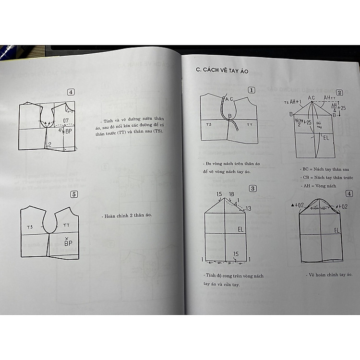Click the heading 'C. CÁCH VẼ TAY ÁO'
[x=222, y=70]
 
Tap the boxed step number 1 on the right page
[x=252, y=90]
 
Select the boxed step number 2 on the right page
[x=339, y=93]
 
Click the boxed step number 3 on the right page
[x=252, y=188]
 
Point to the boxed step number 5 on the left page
[x=73, y=194]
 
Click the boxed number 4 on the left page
[x=71, y=92]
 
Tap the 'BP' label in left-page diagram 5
[x=68, y=242]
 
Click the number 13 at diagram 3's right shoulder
[x=248, y=208]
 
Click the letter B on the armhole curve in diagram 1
[x=229, y=116]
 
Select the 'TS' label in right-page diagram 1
[x=209, y=124]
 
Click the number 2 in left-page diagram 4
[x=49, y=144]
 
